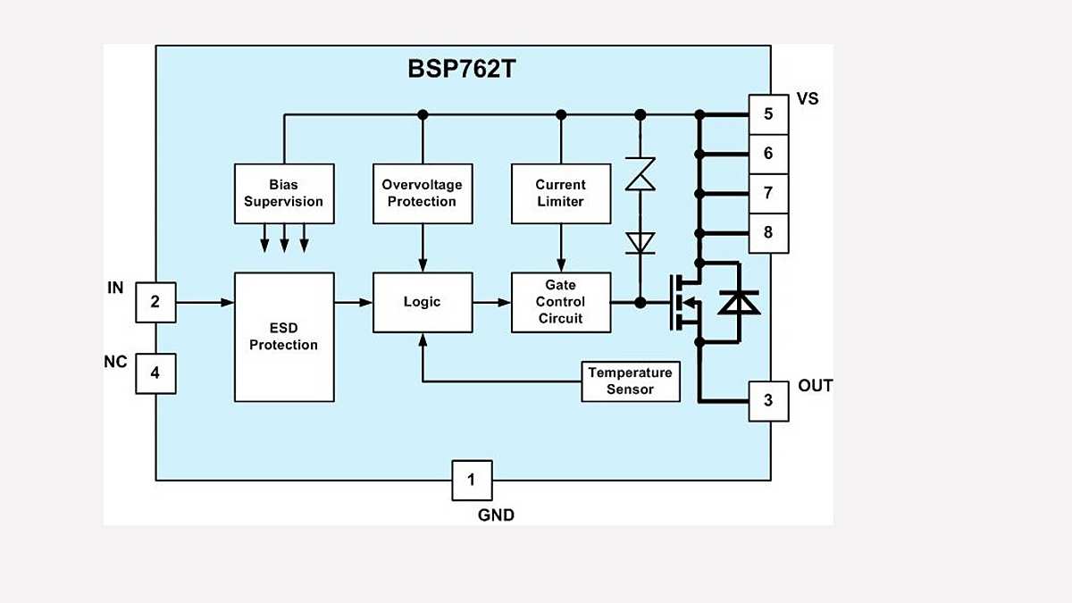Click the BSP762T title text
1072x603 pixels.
pos(462,69)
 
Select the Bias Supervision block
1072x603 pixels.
pos(284,193)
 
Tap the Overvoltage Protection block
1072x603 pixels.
pos(422,193)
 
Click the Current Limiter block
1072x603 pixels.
pos(561,193)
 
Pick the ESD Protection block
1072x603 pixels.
pos(284,337)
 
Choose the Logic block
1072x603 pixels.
pos(422,302)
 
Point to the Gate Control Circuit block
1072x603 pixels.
pos(561,302)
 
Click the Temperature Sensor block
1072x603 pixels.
pos(630,381)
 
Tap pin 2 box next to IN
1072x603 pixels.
pos(155,302)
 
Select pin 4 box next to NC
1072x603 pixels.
pos(155,373)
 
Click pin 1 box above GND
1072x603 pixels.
pos(471,481)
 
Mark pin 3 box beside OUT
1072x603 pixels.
pos(768,400)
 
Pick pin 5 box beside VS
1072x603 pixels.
pos(768,114)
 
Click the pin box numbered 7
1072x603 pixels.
pos(768,193)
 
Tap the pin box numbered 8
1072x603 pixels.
pos(768,233)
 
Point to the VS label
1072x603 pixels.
pos(807,99)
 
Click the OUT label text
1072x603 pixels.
pos(815,386)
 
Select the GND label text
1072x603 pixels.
pos(496,515)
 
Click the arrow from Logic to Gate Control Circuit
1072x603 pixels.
pos(491,302)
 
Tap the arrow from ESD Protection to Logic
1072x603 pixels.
pos(354,302)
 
